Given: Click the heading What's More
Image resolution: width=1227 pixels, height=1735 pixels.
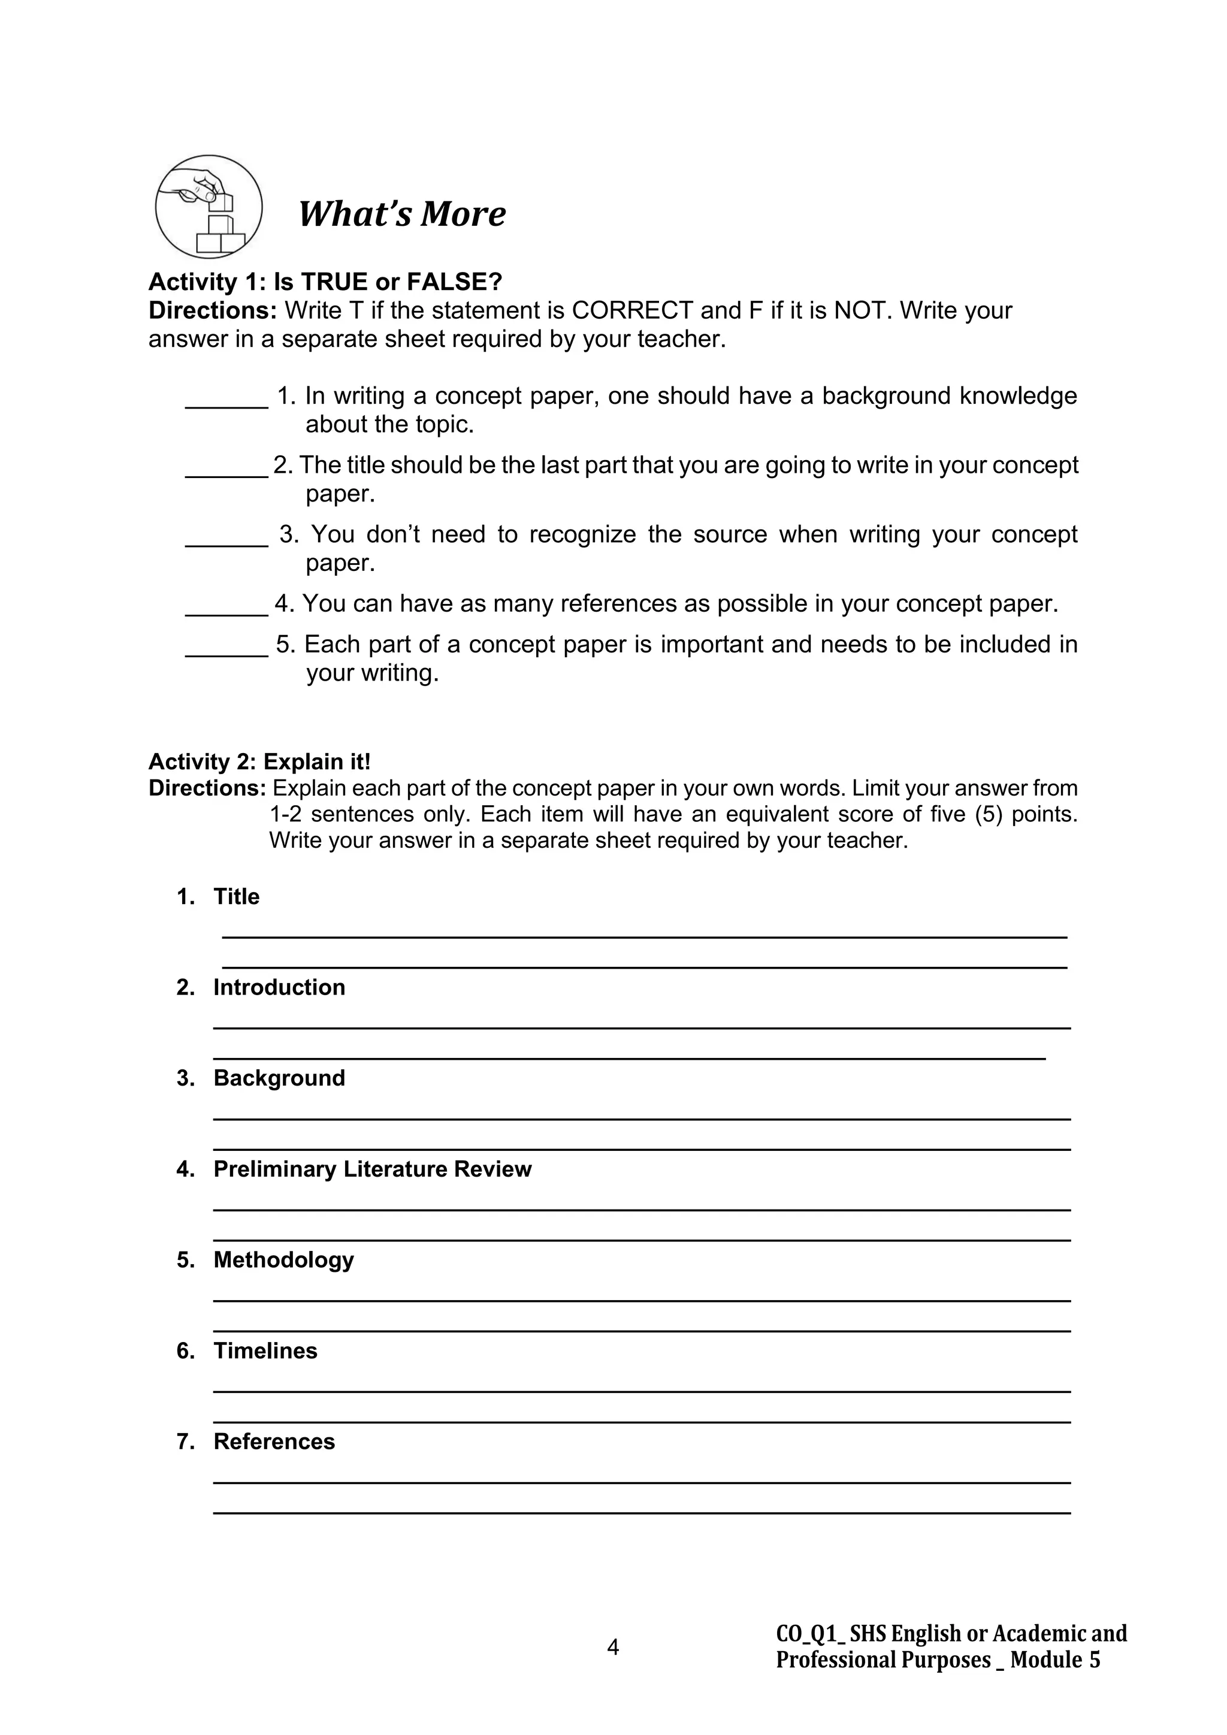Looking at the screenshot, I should (402, 214).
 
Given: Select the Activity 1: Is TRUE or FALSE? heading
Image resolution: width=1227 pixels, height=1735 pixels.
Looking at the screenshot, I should (325, 282).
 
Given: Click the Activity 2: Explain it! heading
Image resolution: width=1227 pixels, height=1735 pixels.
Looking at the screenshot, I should (259, 761).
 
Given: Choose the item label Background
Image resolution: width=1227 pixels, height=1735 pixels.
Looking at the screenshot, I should (279, 1078).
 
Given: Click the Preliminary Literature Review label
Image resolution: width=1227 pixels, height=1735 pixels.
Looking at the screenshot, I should (373, 1169).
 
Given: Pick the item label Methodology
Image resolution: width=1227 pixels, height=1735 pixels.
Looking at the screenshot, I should (283, 1260).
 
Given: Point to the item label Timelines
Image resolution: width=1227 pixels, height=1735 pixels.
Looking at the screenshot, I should (265, 1350).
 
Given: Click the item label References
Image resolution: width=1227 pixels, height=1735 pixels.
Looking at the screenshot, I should (274, 1441).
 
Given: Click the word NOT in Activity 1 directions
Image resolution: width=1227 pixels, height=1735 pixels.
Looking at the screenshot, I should (860, 310).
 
